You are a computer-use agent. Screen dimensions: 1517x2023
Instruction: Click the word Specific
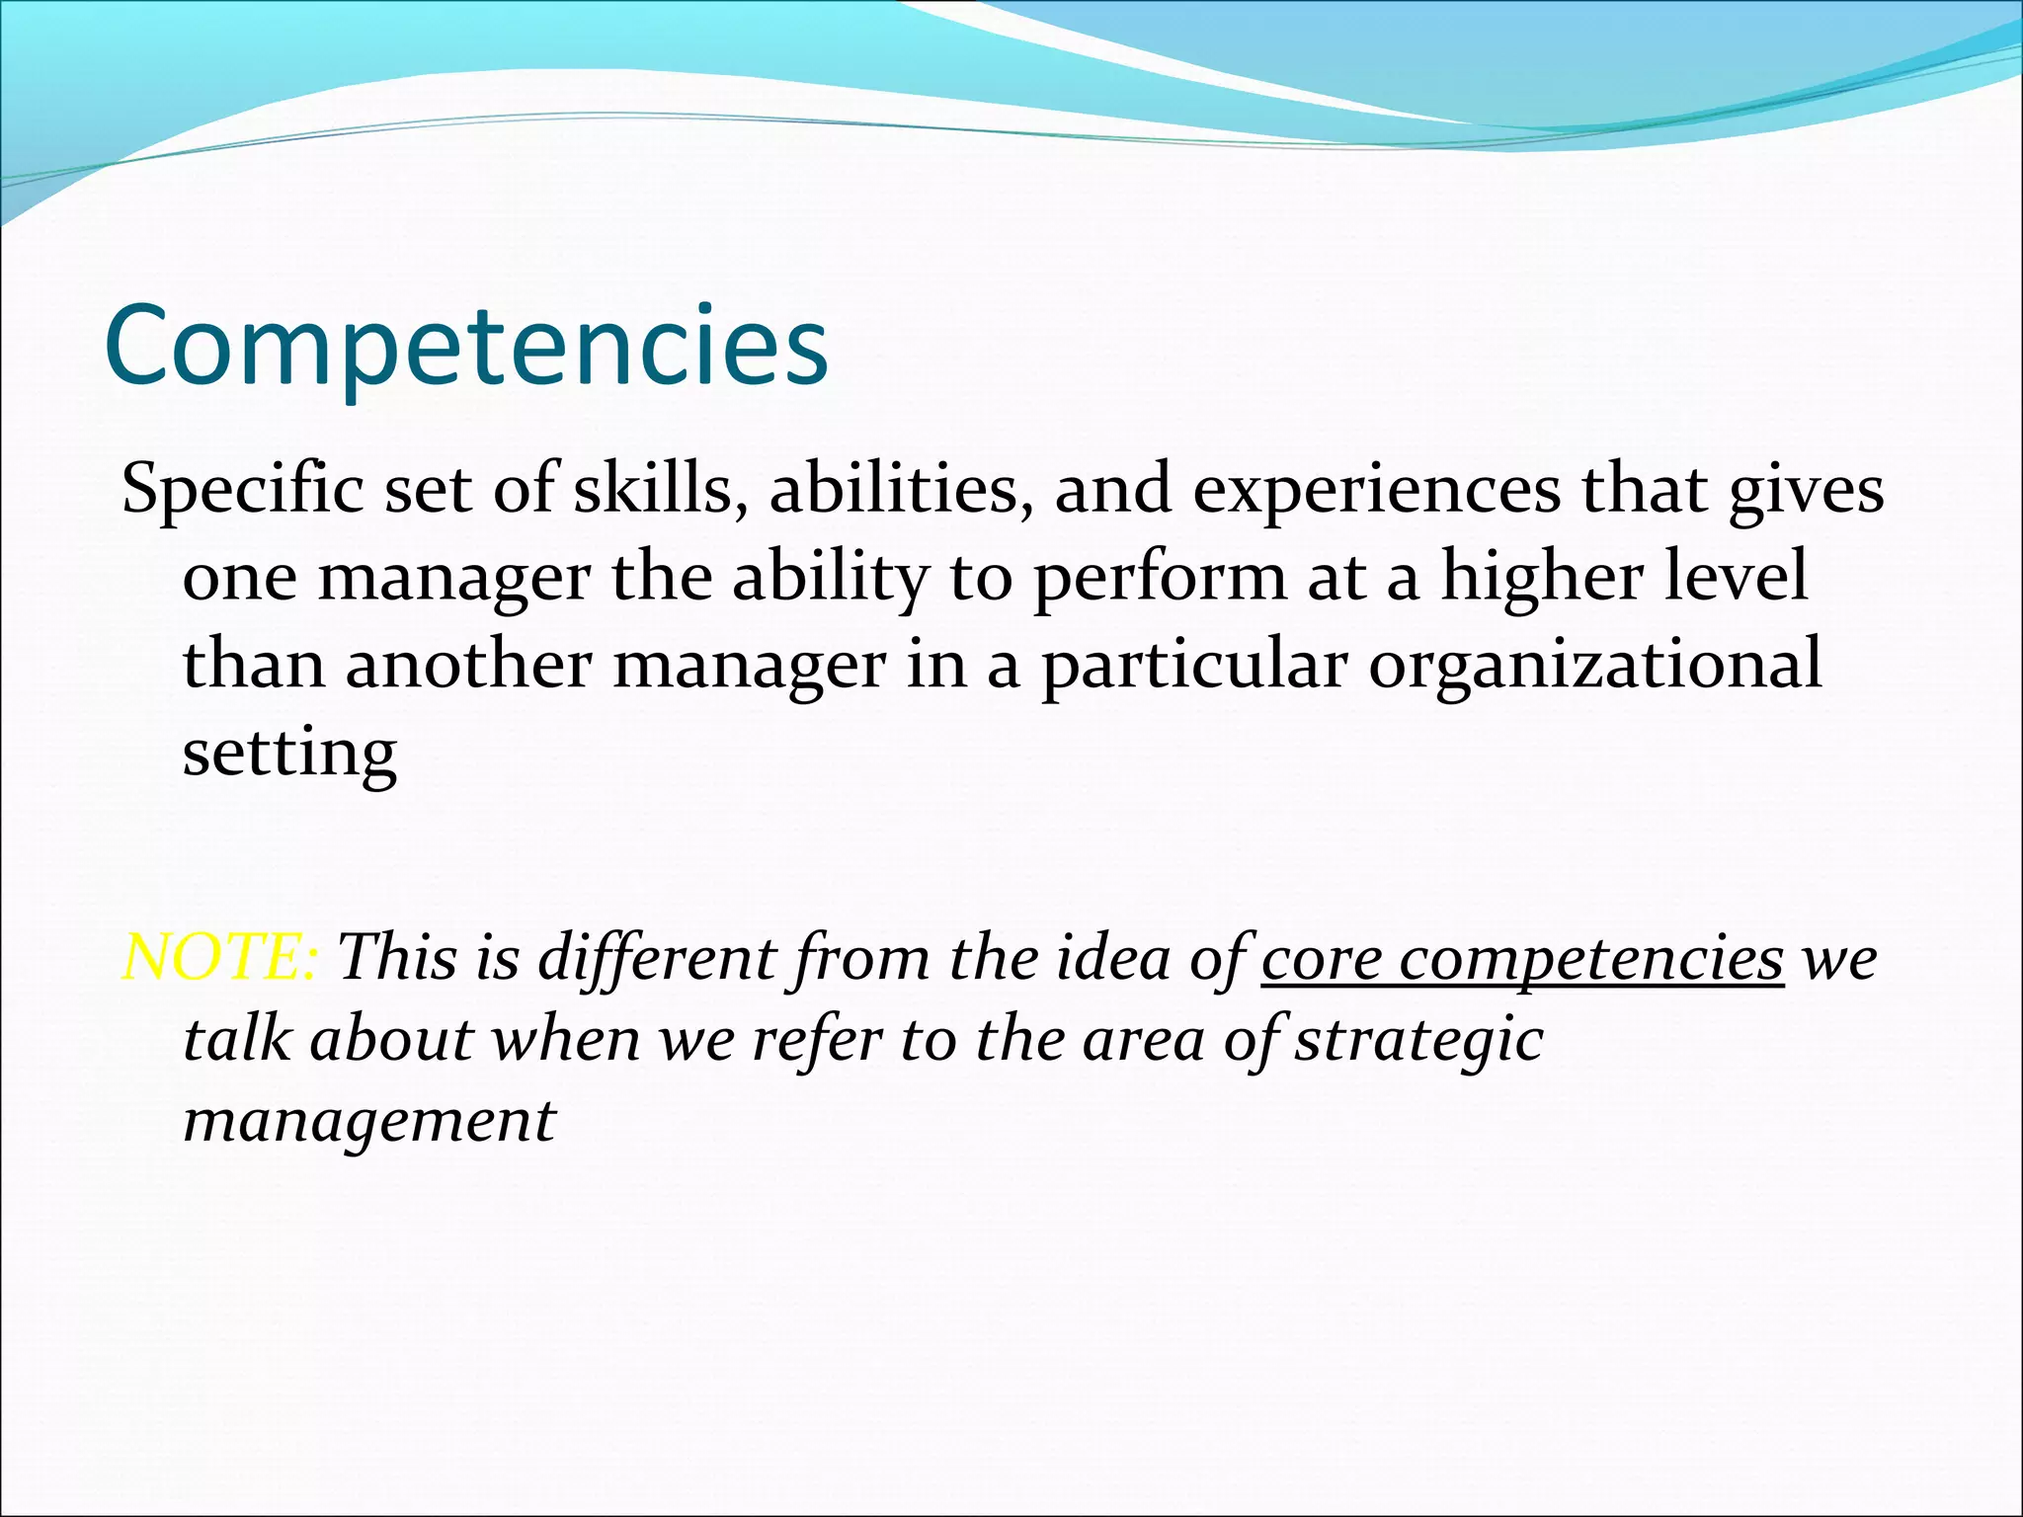pos(242,490)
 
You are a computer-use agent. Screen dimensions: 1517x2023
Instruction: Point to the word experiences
pos(1377,490)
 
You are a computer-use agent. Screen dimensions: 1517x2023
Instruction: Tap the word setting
pos(289,754)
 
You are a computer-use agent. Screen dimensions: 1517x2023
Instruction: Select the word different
pos(656,958)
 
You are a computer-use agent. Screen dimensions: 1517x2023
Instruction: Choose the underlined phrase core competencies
pos(1522,958)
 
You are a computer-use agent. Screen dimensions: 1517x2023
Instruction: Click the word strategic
pos(1418,1041)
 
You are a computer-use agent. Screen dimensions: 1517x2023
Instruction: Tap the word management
pos(369,1122)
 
